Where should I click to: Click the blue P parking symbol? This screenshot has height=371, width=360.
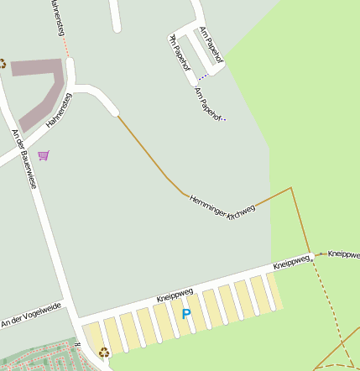click(x=186, y=314)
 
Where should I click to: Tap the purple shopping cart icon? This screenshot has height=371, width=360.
click(x=44, y=154)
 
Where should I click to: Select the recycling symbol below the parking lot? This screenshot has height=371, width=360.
click(x=104, y=353)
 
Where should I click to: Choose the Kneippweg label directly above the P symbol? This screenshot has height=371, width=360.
click(x=175, y=295)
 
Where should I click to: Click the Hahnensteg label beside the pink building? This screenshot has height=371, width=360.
click(x=60, y=110)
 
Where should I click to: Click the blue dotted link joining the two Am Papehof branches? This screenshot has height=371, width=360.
click(x=203, y=76)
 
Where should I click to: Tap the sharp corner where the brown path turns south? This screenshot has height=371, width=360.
click(x=291, y=189)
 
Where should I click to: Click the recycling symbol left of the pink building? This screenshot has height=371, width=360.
click(x=3, y=63)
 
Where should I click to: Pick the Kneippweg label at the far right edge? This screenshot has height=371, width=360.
click(x=344, y=253)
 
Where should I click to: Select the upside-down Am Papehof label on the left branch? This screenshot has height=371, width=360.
click(x=180, y=53)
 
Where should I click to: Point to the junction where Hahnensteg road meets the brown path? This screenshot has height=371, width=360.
click(x=117, y=115)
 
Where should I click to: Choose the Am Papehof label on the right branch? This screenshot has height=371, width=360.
click(x=210, y=44)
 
